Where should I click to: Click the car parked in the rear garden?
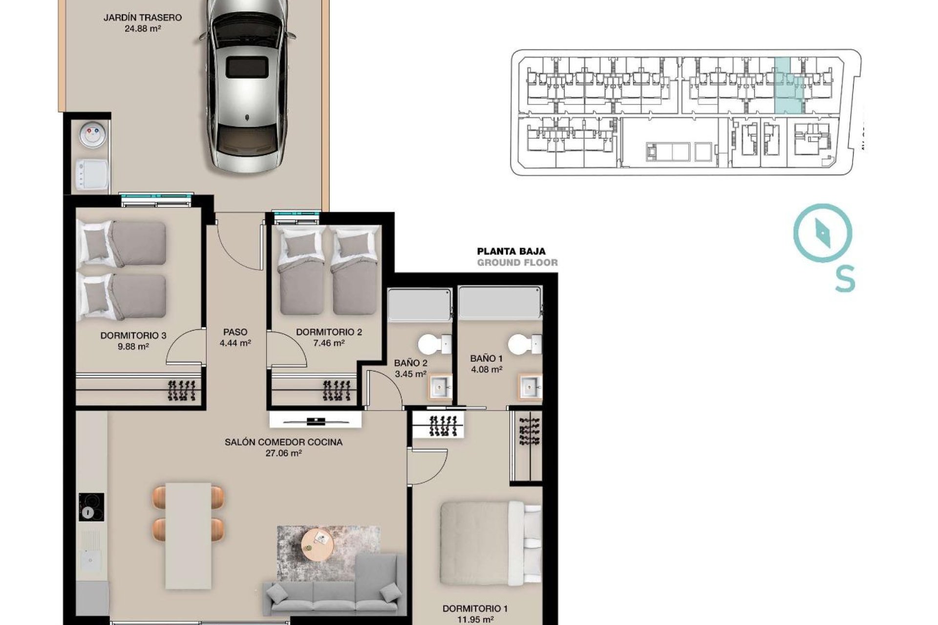click(247, 85)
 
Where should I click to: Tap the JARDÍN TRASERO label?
click(142, 18)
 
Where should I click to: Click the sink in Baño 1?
click(530, 388)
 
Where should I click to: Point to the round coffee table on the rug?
click(318, 545)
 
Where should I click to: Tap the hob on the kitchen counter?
click(91, 507)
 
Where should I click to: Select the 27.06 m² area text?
click(283, 453)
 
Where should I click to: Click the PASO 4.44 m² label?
click(235, 337)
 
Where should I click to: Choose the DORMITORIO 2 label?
click(329, 332)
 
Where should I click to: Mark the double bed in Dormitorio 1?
click(491, 543)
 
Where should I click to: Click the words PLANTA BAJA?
click(511, 252)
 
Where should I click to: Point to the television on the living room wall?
click(316, 420)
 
